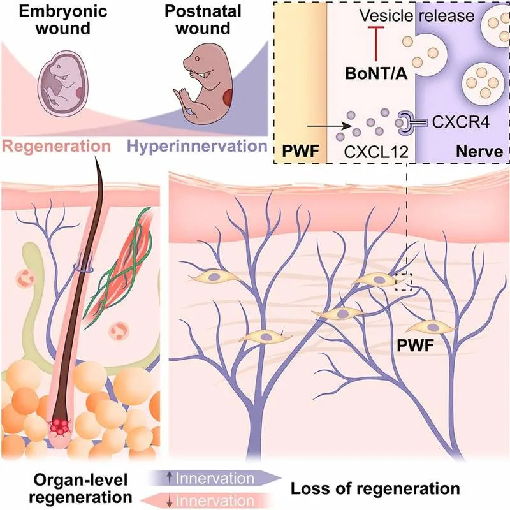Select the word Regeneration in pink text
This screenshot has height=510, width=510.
[55, 146]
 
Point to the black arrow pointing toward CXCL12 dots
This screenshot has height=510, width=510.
[327, 125]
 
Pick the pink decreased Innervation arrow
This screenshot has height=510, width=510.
[214, 499]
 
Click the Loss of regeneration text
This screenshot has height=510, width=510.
[375, 489]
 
